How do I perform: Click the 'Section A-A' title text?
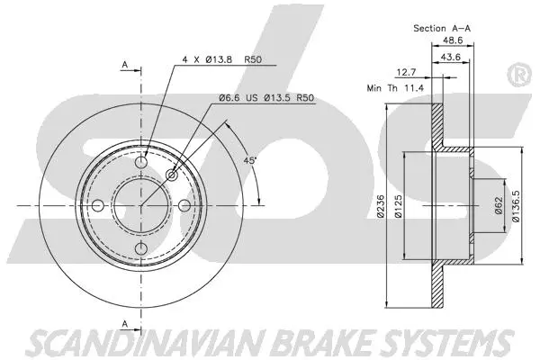click(x=442, y=29)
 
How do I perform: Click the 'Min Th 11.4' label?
click(x=393, y=88)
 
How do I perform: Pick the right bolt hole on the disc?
click(x=184, y=206)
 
